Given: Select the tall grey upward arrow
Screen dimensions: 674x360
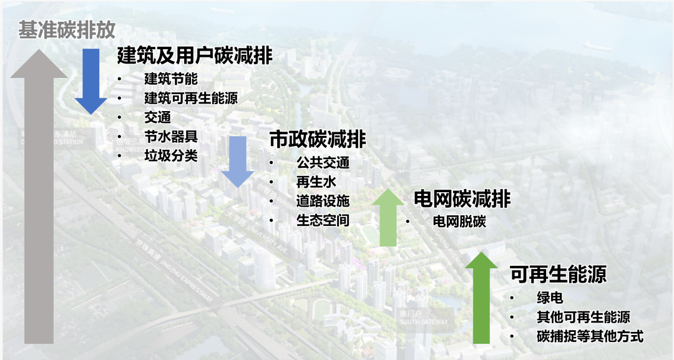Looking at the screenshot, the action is click(38, 200).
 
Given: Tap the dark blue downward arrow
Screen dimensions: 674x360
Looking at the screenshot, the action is click(91, 81).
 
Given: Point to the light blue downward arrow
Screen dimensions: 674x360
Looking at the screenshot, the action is click(238, 162).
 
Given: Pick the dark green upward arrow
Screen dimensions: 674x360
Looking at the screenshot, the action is click(481, 296).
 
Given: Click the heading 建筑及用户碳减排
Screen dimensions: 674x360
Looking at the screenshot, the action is click(195, 56).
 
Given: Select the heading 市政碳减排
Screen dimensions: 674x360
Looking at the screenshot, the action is click(318, 139).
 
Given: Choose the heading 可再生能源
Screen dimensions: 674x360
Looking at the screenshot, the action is click(558, 275).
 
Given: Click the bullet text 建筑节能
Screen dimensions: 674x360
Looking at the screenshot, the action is click(171, 79).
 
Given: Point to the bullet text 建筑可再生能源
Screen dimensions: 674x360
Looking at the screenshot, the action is click(191, 99).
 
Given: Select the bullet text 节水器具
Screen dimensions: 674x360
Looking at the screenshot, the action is click(171, 137).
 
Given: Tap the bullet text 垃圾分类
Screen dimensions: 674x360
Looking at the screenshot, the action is click(171, 156).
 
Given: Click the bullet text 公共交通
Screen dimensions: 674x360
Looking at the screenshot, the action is click(323, 163).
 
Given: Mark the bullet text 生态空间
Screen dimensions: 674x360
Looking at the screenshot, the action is click(323, 220).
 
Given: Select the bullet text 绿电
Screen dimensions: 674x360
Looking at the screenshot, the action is click(550, 298).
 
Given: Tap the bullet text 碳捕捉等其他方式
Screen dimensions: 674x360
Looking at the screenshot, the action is click(590, 337).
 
